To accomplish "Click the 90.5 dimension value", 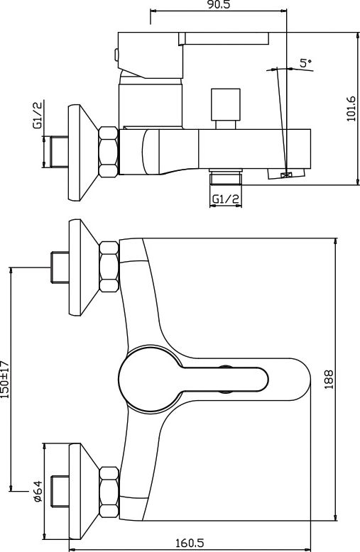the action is (x=219, y=5).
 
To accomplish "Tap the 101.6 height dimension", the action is (x=351, y=109).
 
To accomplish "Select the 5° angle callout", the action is (x=305, y=63).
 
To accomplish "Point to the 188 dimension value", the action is (x=329, y=379).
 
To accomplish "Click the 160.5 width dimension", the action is (x=190, y=543).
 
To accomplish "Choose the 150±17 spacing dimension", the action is (x=4, y=379).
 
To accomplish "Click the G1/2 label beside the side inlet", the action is (x=38, y=115).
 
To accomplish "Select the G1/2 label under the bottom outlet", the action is (x=225, y=199).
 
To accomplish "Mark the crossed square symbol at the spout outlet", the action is (x=285, y=175).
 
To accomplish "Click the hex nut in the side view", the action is (x=109, y=152).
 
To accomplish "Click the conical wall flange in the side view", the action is (x=83, y=153).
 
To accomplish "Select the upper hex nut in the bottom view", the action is (x=109, y=267).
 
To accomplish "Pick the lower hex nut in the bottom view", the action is (x=109, y=492).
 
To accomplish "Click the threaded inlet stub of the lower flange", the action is (x=60, y=492).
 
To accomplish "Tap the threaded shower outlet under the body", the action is (x=225, y=177).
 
